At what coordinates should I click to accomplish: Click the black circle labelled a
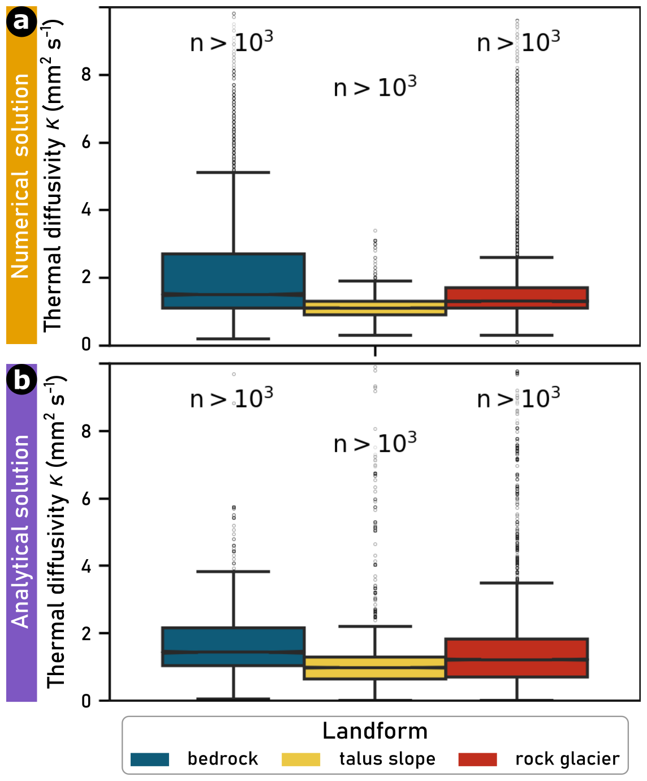tap(21, 22)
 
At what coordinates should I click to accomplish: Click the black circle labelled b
tap(21, 379)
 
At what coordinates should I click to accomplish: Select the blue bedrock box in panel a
tap(233, 281)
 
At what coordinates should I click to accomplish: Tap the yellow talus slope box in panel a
tap(375, 308)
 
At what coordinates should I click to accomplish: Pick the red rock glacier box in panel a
tap(517, 298)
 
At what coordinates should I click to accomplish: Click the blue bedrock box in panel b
tap(233, 646)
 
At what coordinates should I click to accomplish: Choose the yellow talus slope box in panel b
tap(375, 668)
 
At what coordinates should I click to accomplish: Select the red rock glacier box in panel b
tap(517, 658)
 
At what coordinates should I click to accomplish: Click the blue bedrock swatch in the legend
tap(150, 759)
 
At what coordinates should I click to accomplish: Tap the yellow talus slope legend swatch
tap(301, 759)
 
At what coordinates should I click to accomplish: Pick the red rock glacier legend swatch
tap(478, 759)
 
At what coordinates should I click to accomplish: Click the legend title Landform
tap(375, 731)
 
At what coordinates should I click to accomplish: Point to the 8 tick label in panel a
tap(86, 75)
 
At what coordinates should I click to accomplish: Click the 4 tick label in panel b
tap(86, 566)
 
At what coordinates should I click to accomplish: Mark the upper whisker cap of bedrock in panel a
tap(233, 172)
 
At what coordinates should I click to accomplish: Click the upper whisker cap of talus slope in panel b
tap(375, 626)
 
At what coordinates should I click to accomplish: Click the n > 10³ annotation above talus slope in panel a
tap(375, 88)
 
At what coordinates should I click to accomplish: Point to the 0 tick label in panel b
tap(86, 701)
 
